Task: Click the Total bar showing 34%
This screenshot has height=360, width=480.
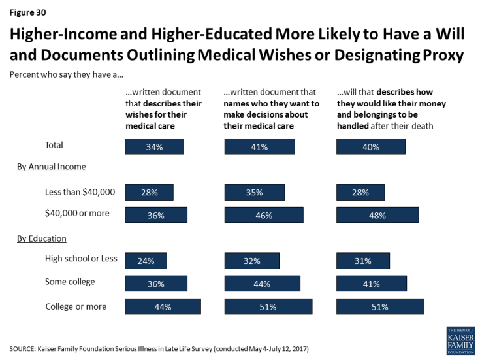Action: tap(154, 146)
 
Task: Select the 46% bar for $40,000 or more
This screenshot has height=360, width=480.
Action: tap(264, 215)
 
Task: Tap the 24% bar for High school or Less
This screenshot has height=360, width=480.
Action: tap(146, 261)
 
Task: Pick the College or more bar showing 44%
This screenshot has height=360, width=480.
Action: tap(163, 306)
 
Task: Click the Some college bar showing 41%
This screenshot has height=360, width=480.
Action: tap(371, 283)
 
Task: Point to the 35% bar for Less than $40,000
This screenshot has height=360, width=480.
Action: tap(254, 192)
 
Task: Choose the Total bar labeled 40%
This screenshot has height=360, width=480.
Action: tap(370, 146)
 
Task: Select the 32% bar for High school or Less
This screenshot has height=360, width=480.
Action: tap(252, 261)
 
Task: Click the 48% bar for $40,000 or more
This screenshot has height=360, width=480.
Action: tap(377, 215)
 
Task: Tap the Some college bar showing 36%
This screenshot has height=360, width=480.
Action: tap(156, 283)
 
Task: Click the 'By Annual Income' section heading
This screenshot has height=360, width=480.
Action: tap(52, 167)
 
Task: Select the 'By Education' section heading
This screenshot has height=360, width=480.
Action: tap(42, 238)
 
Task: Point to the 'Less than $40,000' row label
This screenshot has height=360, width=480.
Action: tap(80, 191)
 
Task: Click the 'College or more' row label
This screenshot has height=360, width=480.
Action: tap(76, 306)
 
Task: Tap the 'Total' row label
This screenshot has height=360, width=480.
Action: tap(53, 145)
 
